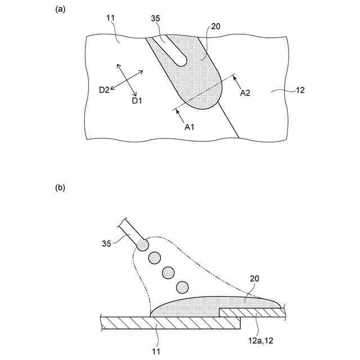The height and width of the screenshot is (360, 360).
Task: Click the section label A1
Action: [190, 127]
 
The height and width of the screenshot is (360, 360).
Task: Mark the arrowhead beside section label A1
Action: [178, 112]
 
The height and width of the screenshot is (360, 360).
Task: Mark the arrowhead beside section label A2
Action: [234, 78]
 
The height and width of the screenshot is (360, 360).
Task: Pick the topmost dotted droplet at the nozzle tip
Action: [142, 245]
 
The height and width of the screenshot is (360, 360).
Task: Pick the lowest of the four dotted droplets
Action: [182, 287]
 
